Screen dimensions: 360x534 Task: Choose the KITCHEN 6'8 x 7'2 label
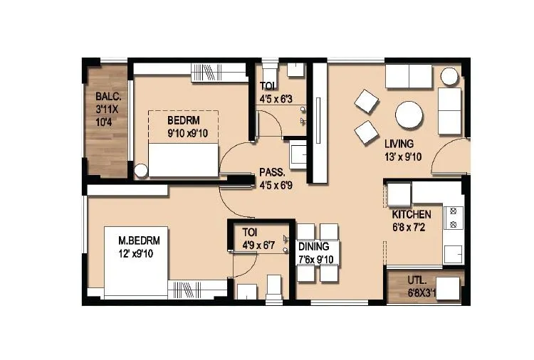click(x=412, y=220)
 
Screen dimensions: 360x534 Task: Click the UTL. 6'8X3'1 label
click(x=426, y=286)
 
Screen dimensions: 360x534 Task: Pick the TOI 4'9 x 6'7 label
click(x=260, y=239)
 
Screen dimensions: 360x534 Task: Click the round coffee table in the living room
click(x=410, y=115)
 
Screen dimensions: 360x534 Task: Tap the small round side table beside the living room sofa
click(x=449, y=75)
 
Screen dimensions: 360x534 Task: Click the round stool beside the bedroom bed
click(x=142, y=170)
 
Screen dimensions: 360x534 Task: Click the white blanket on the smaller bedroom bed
click(x=182, y=158)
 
